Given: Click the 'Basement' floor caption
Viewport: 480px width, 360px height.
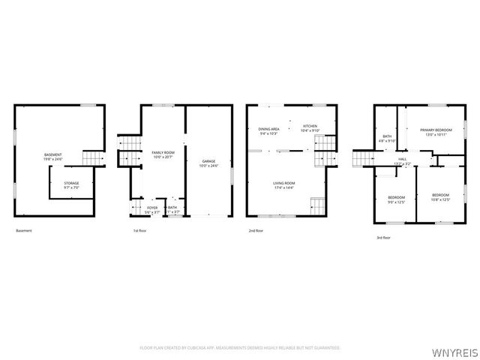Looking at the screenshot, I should click(x=24, y=230).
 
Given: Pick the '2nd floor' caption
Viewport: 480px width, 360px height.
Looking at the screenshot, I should click(x=256, y=230).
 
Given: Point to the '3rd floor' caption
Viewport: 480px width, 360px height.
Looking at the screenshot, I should click(x=383, y=238).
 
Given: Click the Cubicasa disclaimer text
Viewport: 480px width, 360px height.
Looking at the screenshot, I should click(x=240, y=348).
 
